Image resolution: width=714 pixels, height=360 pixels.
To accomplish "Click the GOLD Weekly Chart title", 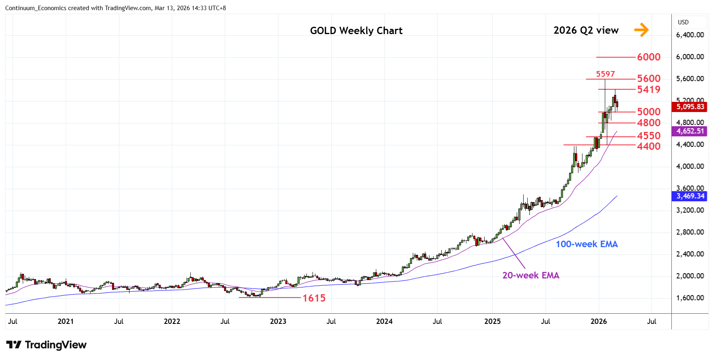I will (356, 31).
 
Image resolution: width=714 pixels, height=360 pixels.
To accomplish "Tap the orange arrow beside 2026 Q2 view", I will (641, 30).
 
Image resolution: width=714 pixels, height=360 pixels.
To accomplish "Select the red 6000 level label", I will (649, 57).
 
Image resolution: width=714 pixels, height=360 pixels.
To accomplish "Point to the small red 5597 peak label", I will (605, 74).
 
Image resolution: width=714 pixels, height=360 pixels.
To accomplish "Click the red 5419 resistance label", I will (649, 89).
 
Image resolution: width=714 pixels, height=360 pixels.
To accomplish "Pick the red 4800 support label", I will (649, 123).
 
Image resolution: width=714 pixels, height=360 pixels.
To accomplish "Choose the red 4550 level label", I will (649, 136).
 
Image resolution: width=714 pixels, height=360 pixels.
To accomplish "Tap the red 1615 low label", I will (314, 298).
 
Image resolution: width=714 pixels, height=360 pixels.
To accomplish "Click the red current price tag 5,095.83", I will (690, 107).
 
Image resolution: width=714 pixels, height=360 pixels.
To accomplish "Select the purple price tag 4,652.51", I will (690, 131).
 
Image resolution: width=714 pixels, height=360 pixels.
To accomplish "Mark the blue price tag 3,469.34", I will (690, 196).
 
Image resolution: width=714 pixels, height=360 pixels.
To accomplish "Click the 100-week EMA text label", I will (587, 244).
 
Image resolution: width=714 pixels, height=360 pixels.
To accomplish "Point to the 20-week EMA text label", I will (531, 275).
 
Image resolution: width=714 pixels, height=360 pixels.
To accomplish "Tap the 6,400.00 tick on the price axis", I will (690, 35).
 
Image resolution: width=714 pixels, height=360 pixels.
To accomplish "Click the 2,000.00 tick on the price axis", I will (690, 276).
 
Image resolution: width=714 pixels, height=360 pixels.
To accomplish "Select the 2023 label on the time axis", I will (278, 321).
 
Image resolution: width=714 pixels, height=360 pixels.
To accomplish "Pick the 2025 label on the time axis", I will (492, 321).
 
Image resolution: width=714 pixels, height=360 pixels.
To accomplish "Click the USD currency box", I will (683, 22).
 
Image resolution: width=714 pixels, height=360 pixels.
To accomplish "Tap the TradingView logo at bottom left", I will (47, 345).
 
